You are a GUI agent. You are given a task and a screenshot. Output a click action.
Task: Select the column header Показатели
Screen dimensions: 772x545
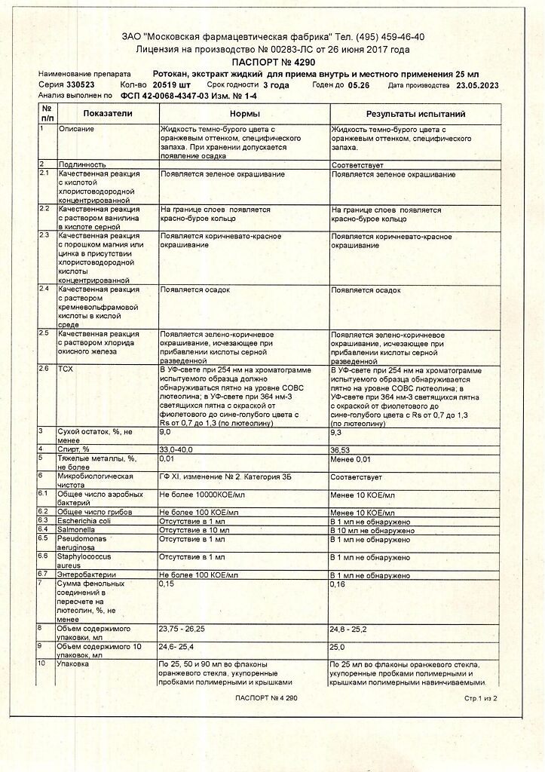pos(108,113)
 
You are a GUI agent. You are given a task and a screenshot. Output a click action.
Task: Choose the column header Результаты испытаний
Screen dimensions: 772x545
pos(415,114)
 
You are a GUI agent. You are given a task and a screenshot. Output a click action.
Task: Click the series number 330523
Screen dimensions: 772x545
pos(80,85)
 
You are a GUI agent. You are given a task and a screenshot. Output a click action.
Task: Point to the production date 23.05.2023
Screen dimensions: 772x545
pos(477,85)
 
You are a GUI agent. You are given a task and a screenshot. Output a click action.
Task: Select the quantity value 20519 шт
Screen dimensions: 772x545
pos(171,85)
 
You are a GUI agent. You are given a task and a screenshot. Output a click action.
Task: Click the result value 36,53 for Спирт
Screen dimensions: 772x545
pos(343,449)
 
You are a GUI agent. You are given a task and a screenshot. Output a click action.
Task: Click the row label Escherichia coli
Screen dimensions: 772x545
pos(84,520)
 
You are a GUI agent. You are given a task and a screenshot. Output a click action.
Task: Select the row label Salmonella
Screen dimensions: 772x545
pos(77,529)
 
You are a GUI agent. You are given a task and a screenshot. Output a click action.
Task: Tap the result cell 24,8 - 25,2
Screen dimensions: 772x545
pos(350,628)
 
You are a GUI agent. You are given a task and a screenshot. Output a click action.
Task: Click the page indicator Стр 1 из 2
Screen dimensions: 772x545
pos(480,699)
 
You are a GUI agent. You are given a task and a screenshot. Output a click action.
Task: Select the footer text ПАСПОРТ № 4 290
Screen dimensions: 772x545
pos(266,699)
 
